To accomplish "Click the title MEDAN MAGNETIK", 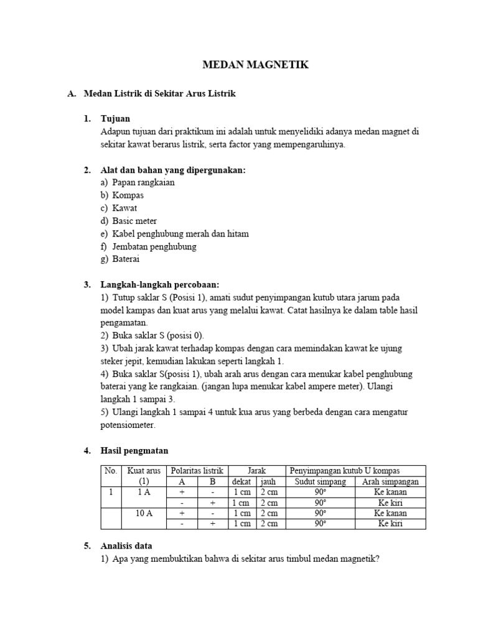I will pyautogui.click(x=256, y=65).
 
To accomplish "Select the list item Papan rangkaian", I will pyautogui.click(x=143, y=182).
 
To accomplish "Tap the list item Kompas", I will pyautogui.click(x=128, y=195).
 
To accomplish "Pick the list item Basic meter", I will pyautogui.click(x=134, y=221).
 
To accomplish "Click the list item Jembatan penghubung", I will pyautogui.click(x=154, y=246).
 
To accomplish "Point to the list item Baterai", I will pyautogui.click(x=126, y=259).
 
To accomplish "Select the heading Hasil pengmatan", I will pyautogui.click(x=134, y=450).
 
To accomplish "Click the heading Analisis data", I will pyautogui.click(x=126, y=546).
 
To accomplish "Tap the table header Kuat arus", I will pyautogui.click(x=144, y=471).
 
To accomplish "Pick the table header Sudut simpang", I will pyautogui.click(x=320, y=481).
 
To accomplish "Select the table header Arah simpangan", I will pyautogui.click(x=390, y=481).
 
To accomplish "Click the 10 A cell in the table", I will pyautogui.click(x=144, y=513).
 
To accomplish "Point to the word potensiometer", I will pyautogui.click(x=128, y=425).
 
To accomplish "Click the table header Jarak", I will pyautogui.click(x=256, y=471).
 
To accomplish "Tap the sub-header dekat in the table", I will pyautogui.click(x=242, y=481).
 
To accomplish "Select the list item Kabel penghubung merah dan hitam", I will pyautogui.click(x=180, y=234).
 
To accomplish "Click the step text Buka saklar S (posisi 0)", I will pyautogui.click(x=152, y=335).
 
